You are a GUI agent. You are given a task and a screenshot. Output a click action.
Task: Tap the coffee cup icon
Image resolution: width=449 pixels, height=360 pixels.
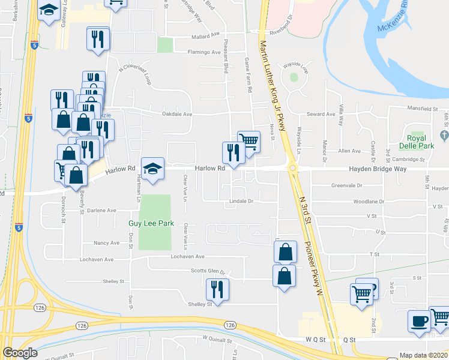tap(419, 320)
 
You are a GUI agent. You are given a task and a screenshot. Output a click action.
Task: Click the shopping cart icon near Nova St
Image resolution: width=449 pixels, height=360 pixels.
tap(249, 142)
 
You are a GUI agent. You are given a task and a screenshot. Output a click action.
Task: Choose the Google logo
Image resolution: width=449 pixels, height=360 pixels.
tap(20, 353)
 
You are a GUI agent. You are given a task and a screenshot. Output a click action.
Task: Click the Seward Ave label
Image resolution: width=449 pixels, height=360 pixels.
tap(321, 114)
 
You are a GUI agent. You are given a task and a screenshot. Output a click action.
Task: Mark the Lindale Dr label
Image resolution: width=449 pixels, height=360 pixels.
tap(241, 201)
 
